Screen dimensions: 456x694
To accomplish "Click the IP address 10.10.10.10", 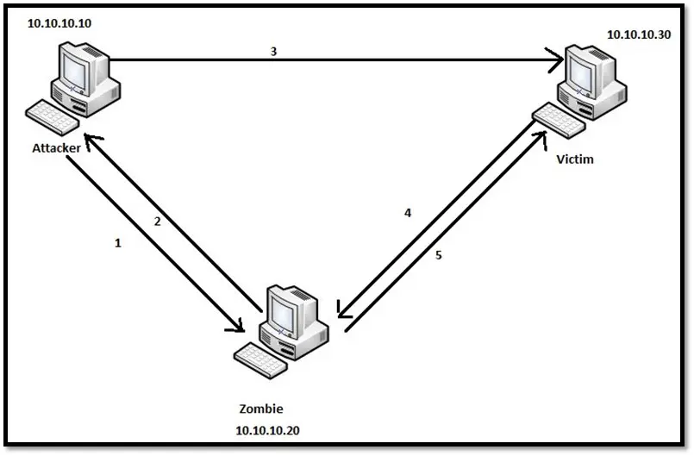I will click(59, 23).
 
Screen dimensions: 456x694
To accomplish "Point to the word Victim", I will click(576, 160).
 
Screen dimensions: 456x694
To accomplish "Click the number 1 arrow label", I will click(118, 243).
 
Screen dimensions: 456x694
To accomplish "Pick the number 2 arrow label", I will click(157, 222).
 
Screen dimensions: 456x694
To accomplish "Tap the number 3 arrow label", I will click(273, 51).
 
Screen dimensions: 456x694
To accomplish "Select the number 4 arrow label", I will click(408, 212).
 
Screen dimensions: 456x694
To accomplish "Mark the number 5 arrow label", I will click(439, 255).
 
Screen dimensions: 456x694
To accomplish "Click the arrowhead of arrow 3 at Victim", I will click(556, 61).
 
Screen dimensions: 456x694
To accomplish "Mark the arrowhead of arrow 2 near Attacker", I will click(90, 138).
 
